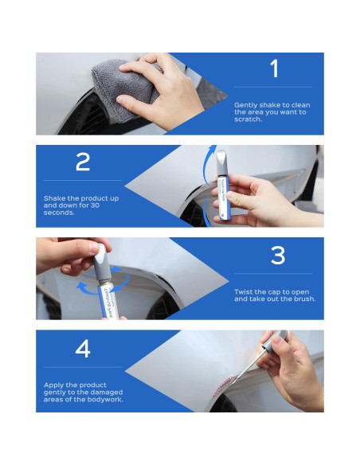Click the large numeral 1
pos(275,68)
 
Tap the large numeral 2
pos(83,162)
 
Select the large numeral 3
pos(278,255)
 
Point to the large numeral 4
pos(83,348)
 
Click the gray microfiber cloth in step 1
pos(123,89)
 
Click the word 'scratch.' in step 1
pos(248,119)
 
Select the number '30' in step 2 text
pos(94,205)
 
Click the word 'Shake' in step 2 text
pos(53,198)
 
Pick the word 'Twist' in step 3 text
pos(242,291)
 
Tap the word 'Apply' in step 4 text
pos(53,385)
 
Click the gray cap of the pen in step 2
pos(221,164)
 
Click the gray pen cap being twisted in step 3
pos(102,263)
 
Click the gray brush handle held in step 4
pos(274,341)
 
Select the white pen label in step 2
pos(223,198)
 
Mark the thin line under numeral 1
pos(273,88)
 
